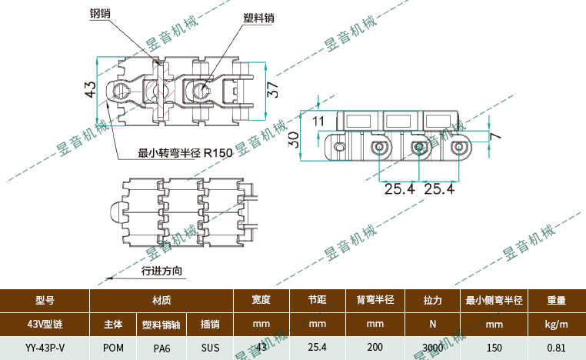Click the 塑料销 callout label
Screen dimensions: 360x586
tap(258, 18)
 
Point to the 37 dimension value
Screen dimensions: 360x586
tap(272, 88)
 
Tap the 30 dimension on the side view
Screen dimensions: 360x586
tap(293, 139)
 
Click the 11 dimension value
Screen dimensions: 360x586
tap(318, 121)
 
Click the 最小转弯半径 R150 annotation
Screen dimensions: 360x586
tap(185, 153)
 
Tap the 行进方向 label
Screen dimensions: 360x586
tap(161, 271)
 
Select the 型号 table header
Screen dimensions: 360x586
tap(45, 300)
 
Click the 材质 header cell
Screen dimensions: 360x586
tap(161, 300)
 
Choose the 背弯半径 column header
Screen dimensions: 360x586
tap(375, 300)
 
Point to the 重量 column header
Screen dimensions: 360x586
tap(556, 300)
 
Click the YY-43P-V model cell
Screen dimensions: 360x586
tap(45, 348)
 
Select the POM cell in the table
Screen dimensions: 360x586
tap(113, 348)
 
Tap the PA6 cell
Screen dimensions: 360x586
tap(161, 348)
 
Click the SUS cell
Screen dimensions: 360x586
tap(210, 348)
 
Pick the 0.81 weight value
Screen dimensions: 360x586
tap(556, 348)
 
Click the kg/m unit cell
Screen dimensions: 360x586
tap(556, 324)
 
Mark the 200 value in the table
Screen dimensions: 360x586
tap(375, 348)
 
